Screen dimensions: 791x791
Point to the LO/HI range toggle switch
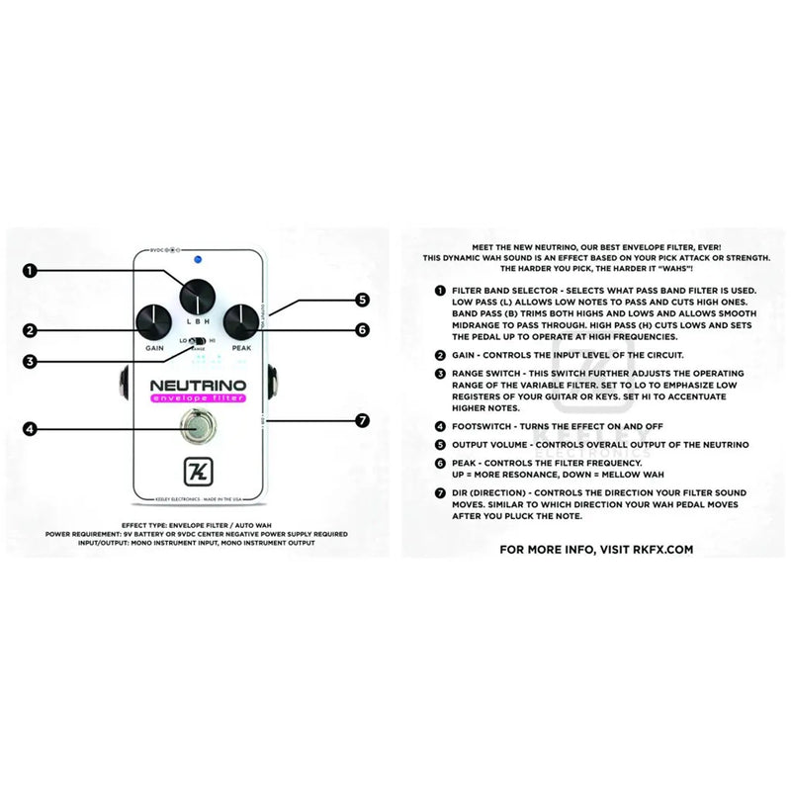pyautogui.click(x=198, y=340)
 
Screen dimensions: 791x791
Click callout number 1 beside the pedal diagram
pyautogui.click(x=32, y=269)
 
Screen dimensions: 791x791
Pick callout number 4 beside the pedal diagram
pyautogui.click(x=32, y=429)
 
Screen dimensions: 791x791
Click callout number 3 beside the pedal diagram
pyautogui.click(x=32, y=362)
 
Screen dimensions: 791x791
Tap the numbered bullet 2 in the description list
pyautogui.click(x=439, y=354)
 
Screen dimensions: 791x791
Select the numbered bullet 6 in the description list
pyautogui.click(x=439, y=462)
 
